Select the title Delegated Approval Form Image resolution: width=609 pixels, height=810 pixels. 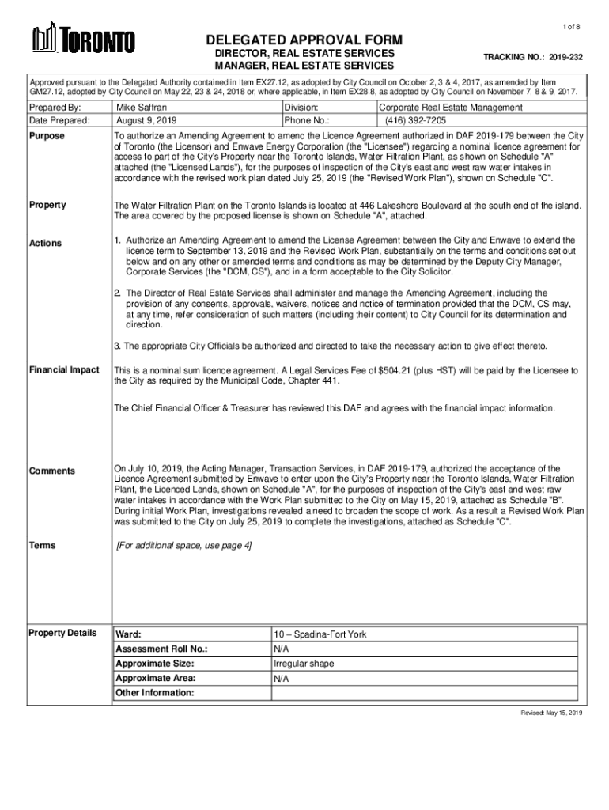[304, 40]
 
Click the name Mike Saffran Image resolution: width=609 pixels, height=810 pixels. [142, 107]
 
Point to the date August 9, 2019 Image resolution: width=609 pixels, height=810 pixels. [146, 121]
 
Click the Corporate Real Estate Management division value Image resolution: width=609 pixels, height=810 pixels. [451, 107]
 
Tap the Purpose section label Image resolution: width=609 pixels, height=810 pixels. [47, 136]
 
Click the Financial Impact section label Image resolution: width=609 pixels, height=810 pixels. [64, 369]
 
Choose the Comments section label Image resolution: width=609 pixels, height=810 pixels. [52, 471]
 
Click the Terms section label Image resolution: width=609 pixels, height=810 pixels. [43, 546]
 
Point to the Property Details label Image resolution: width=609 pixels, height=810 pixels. [62, 632]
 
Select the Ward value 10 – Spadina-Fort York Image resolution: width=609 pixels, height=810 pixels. [320, 634]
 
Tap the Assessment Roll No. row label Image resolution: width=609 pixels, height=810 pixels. [162, 649]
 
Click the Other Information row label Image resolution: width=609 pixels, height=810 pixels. [154, 693]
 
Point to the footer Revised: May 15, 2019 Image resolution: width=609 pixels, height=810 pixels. [550, 713]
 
